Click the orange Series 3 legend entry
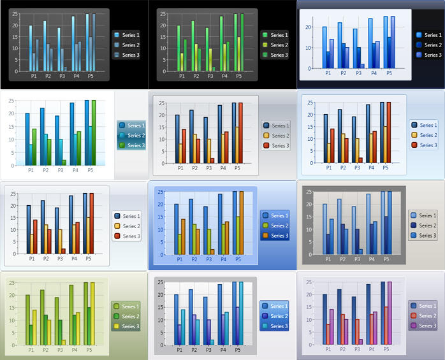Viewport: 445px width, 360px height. click(x=274, y=236)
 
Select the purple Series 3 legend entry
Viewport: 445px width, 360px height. click(x=423, y=326)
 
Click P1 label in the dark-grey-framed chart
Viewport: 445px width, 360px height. click(x=328, y=259)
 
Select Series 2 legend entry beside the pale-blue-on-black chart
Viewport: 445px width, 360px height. click(x=126, y=45)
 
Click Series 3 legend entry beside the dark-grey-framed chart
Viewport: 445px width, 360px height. click(x=423, y=236)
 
